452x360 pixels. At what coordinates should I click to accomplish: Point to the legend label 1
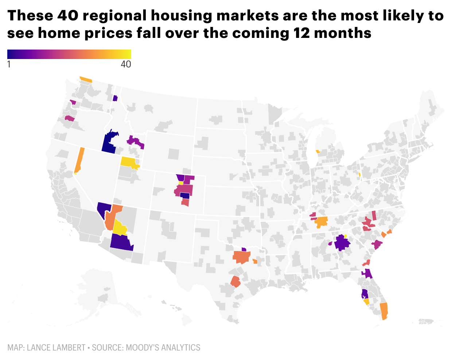[9, 64]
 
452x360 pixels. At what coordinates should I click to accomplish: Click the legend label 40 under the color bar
[126, 64]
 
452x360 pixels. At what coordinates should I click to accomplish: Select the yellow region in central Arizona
[119, 228]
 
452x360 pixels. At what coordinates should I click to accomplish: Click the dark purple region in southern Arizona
[121, 242]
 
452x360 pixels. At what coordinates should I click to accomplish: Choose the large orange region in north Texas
[241, 257]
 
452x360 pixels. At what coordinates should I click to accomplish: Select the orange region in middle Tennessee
[321, 222]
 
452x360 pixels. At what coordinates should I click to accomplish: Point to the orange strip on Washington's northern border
[86, 79]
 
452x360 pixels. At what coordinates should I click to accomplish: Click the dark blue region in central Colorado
[185, 196]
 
